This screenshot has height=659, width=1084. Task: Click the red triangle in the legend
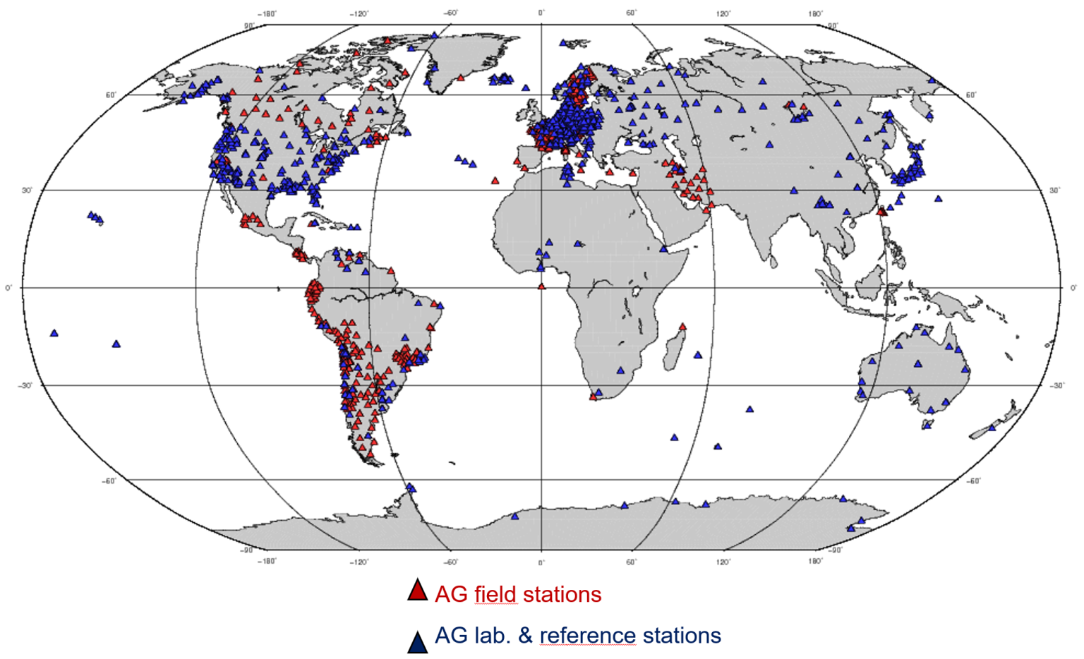pyautogui.click(x=418, y=591)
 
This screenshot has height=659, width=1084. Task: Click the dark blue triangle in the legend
pyautogui.click(x=418, y=642)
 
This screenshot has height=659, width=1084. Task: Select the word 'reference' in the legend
pyautogui.click(x=581, y=636)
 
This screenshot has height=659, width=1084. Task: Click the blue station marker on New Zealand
pyautogui.click(x=992, y=427)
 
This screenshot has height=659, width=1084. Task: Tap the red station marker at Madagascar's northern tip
pyautogui.click(x=682, y=327)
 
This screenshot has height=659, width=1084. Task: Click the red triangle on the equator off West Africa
pyautogui.click(x=541, y=286)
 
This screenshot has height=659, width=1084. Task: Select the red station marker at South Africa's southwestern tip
pyautogui.click(x=593, y=397)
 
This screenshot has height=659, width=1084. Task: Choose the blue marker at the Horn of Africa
pyautogui.click(x=664, y=248)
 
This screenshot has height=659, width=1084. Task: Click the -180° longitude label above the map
pyautogui.click(x=267, y=13)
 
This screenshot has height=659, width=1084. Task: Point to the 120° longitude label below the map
pyautogui.click(x=723, y=562)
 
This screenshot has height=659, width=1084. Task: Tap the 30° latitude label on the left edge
pyautogui.click(x=27, y=191)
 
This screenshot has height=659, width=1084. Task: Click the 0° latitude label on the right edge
pyautogui.click(x=1073, y=288)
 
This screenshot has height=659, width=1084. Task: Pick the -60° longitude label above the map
pyautogui.click(x=450, y=13)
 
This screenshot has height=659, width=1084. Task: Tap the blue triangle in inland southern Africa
pyautogui.click(x=620, y=370)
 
